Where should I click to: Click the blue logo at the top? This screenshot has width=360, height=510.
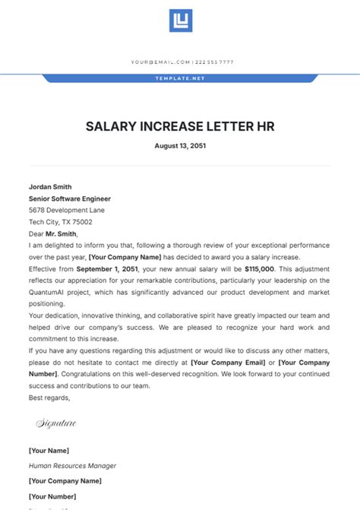[x=180, y=21]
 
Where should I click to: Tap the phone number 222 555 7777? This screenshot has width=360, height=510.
[x=215, y=62]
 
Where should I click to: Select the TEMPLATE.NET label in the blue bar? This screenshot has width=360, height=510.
[x=180, y=78]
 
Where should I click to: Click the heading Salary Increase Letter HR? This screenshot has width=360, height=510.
[x=180, y=125]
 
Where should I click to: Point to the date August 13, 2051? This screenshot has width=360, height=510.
[x=180, y=145]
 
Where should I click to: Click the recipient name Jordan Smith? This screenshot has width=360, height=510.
[x=50, y=186]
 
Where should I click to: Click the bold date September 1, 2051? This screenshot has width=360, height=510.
[x=106, y=269]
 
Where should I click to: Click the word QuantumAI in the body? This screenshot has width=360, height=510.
[x=51, y=293]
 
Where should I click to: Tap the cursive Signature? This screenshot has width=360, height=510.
[x=56, y=423]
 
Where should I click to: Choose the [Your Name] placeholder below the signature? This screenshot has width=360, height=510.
[x=49, y=451]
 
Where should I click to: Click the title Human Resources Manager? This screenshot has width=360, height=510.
[x=73, y=466]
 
